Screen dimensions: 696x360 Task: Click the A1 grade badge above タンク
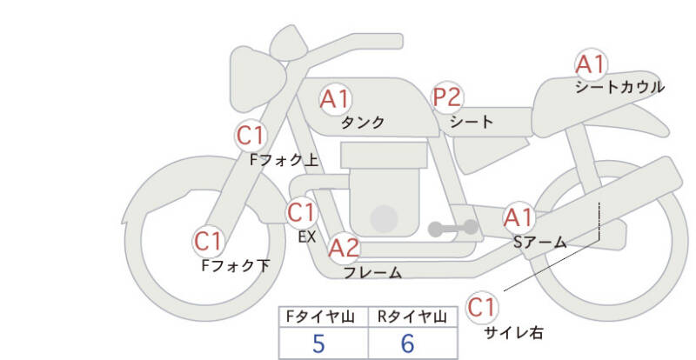click(336, 99)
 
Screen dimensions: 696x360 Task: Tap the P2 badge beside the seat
click(447, 97)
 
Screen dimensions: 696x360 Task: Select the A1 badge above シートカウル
click(591, 64)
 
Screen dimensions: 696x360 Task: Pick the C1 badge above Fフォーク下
click(208, 242)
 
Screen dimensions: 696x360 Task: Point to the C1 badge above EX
click(302, 213)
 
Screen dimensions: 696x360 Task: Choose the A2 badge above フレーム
click(344, 248)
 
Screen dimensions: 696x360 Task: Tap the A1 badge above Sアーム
click(519, 218)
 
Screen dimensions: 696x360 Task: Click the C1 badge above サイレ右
click(482, 307)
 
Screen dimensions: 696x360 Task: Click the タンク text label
click(363, 122)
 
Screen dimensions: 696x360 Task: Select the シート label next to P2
click(472, 121)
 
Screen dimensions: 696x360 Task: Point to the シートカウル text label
click(620, 87)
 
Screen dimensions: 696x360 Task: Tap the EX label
click(307, 237)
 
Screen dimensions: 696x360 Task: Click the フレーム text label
click(373, 272)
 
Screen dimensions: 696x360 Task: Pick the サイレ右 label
click(513, 332)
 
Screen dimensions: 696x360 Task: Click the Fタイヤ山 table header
click(320, 317)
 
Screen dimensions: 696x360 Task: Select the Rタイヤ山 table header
click(412, 317)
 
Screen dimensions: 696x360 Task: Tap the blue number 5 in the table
click(318, 343)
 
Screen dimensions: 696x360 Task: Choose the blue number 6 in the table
click(407, 343)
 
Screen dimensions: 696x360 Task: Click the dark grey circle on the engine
click(384, 219)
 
